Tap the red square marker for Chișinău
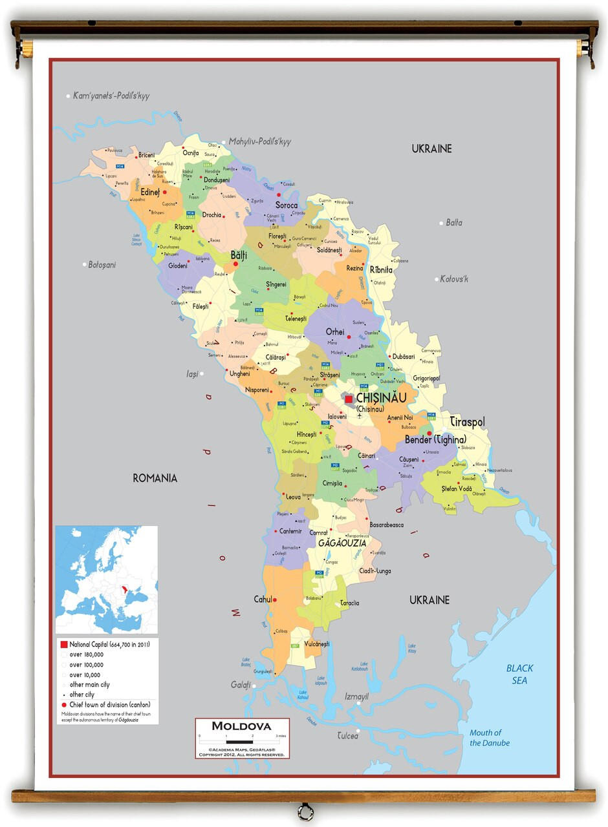pyautogui.click(x=349, y=399)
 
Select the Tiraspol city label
pyautogui.click(x=468, y=422)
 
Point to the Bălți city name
pyautogui.click(x=239, y=255)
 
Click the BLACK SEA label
pyautogui.click(x=519, y=674)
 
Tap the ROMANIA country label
pyautogui.click(x=155, y=478)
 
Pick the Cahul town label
pyautogui.click(x=263, y=599)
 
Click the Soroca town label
pyautogui.click(x=287, y=205)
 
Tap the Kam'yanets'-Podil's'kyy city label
pyautogui.click(x=111, y=96)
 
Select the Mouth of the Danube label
pyautogui.click(x=489, y=737)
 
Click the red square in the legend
pyautogui.click(x=64, y=645)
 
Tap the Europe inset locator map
pyautogui.click(x=107, y=580)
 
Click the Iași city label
pyautogui.click(x=192, y=373)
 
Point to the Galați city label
pyautogui.click(x=240, y=685)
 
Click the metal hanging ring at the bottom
pyautogui.click(x=304, y=811)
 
